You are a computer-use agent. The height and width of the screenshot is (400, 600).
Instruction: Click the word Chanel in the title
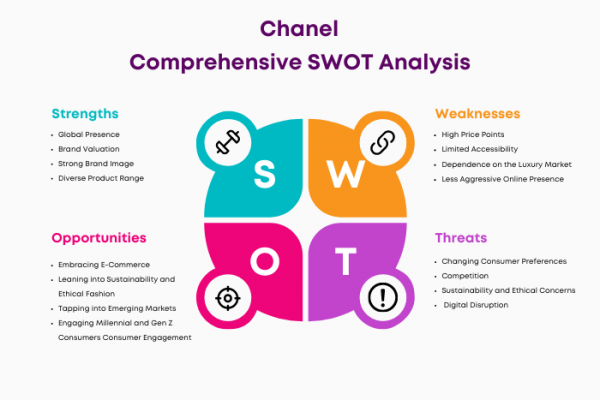(299, 29)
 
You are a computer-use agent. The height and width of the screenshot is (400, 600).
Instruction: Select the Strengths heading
(85, 114)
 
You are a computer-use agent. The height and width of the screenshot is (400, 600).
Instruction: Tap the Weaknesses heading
(478, 114)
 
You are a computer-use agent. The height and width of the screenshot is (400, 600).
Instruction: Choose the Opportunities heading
(99, 238)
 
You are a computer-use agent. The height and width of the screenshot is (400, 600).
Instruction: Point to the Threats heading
(461, 238)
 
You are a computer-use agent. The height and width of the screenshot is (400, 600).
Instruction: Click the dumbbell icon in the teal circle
(228, 142)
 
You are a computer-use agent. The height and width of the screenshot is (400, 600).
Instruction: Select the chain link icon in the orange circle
(383, 142)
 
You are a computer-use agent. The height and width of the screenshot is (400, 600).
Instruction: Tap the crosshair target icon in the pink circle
(228, 298)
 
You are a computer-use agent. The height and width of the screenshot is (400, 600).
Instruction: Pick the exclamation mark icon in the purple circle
(383, 297)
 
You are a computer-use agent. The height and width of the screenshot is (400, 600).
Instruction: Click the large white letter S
(264, 174)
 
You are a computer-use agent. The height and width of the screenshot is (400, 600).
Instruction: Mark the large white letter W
(346, 174)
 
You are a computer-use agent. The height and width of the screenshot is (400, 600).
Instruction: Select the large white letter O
(265, 261)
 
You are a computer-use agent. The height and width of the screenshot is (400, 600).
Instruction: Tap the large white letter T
(346, 261)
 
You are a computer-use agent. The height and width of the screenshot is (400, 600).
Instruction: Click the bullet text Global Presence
(89, 134)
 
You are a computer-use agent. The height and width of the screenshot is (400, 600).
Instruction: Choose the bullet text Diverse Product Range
(101, 178)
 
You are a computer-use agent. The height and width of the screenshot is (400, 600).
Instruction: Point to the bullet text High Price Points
(473, 135)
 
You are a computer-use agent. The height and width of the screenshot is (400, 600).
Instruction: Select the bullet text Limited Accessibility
(479, 149)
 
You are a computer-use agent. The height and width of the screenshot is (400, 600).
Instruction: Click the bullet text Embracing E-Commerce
(104, 265)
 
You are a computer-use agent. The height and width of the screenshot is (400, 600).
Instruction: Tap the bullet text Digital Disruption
(476, 305)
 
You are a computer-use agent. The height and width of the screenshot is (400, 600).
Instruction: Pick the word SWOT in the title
(340, 62)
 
